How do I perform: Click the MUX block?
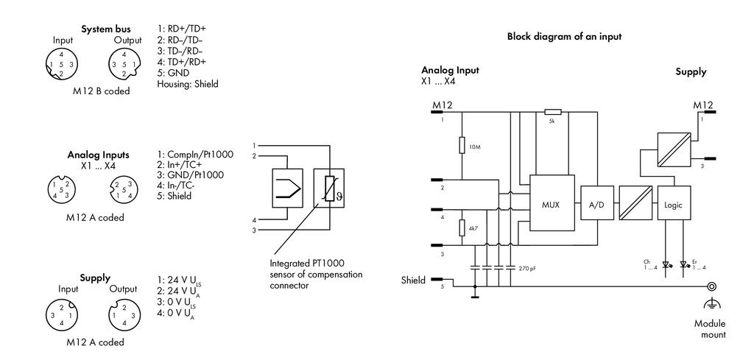pyautogui.click(x=552, y=204)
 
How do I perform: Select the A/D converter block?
pyautogui.click(x=596, y=204)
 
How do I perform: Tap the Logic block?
pyautogui.click(x=673, y=204)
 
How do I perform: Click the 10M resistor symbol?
pyautogui.click(x=462, y=145)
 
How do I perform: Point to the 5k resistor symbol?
pyautogui.click(x=553, y=112)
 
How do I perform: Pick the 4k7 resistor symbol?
pyautogui.click(x=462, y=227)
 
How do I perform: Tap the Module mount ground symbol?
pyautogui.click(x=712, y=304)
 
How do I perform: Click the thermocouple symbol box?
pyautogui.click(x=288, y=188)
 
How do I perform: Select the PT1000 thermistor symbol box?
pyautogui.click(x=329, y=188)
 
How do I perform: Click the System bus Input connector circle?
pyautogui.click(x=61, y=64)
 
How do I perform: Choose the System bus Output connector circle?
pyautogui.click(x=124, y=64)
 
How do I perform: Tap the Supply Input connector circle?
pyautogui.click(x=61, y=315)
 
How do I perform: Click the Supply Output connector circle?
pyautogui.click(x=124, y=315)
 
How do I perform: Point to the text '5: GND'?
pyautogui.click(x=173, y=73)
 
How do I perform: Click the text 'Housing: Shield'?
pyautogui.click(x=188, y=84)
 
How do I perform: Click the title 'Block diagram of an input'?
pyautogui.click(x=564, y=37)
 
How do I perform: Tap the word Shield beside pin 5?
pyautogui.click(x=414, y=280)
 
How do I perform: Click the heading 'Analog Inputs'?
pyautogui.click(x=98, y=155)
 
